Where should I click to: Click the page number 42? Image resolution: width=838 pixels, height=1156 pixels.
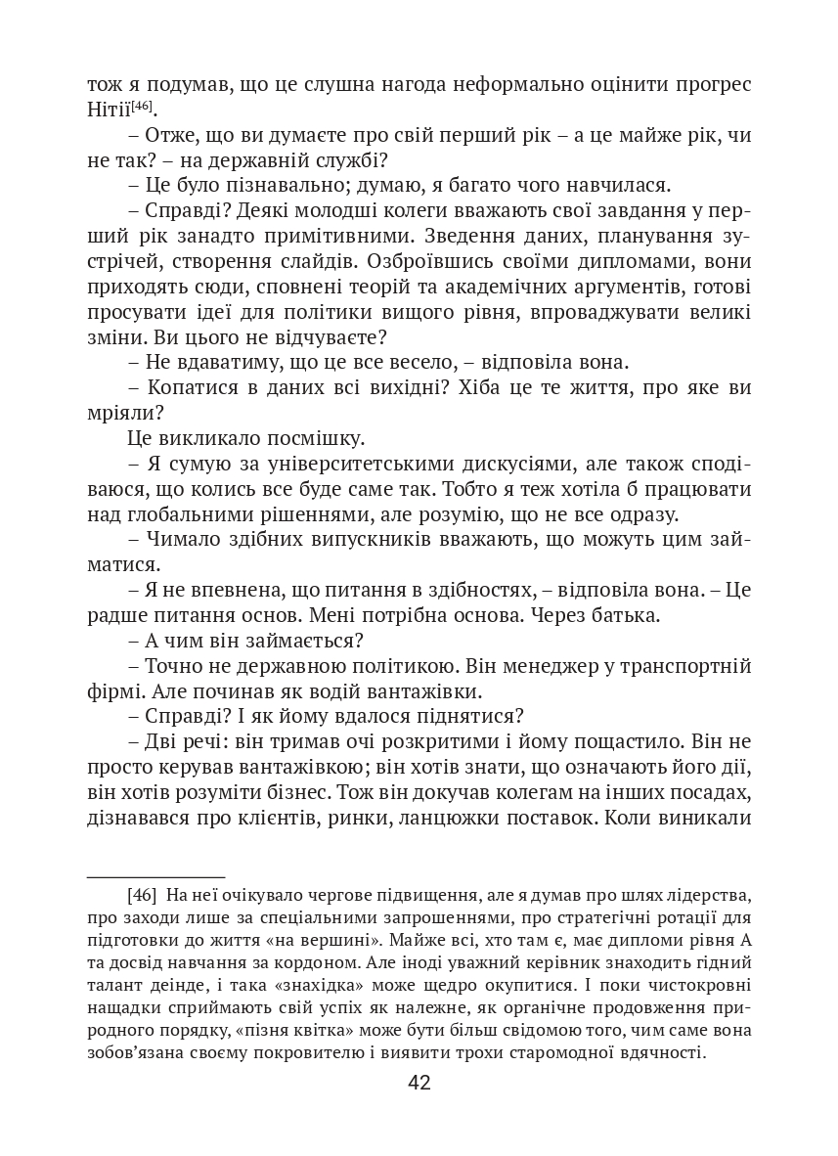[x=419, y=1083]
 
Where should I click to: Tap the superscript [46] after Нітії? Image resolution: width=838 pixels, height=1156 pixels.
[x=143, y=105]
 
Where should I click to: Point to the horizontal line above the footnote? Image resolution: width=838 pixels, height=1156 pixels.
[x=156, y=877]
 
